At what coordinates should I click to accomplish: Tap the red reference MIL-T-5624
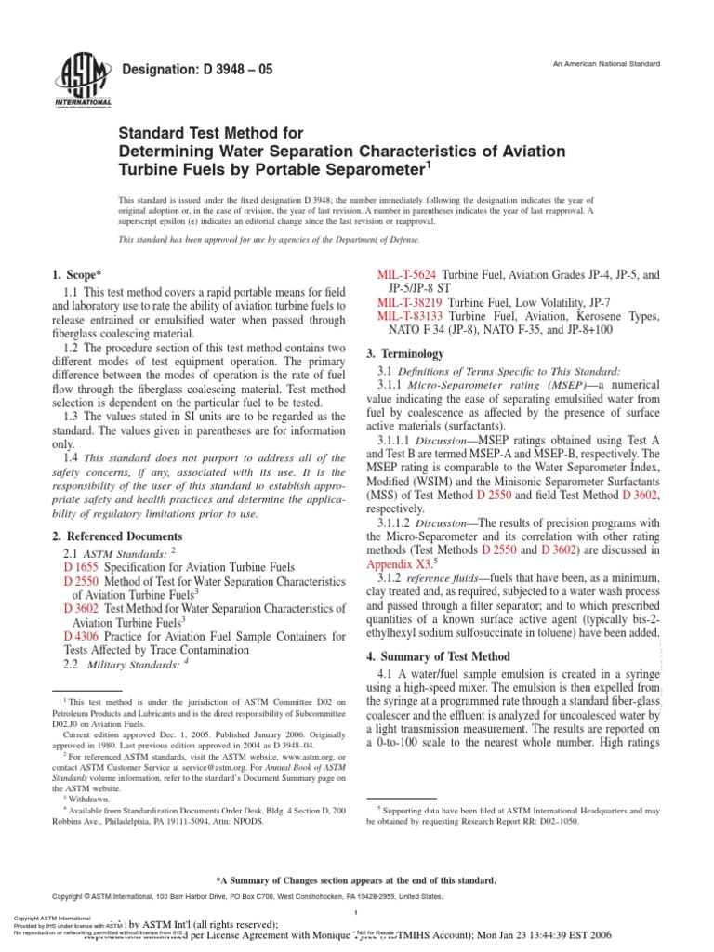[x=407, y=277]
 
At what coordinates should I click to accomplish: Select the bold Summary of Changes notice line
[x=356, y=879]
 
